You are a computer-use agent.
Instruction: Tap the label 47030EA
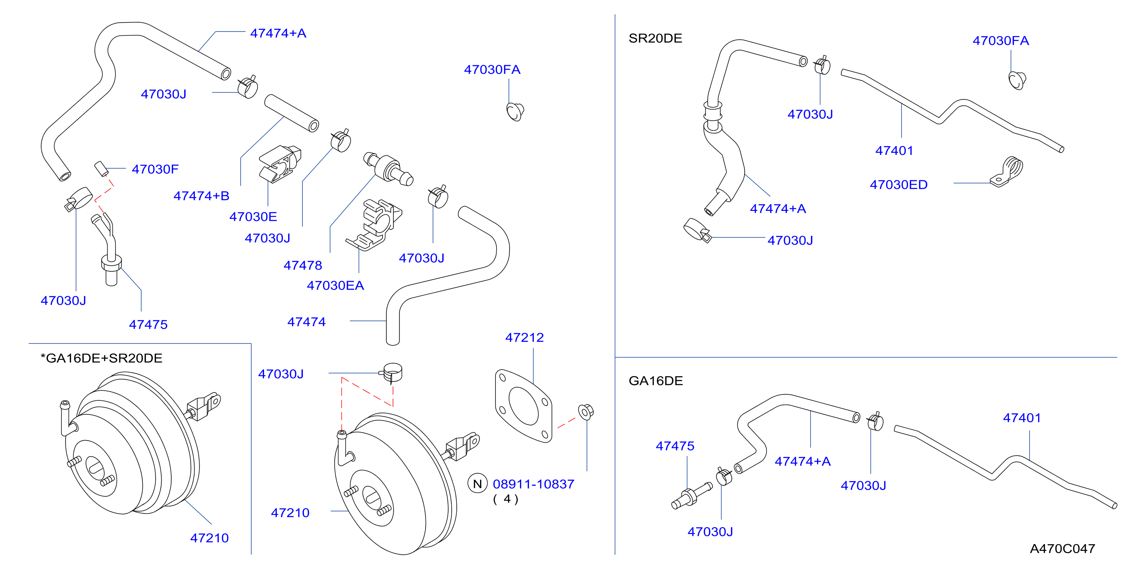pos(335,285)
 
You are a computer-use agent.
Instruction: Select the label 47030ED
pos(899,184)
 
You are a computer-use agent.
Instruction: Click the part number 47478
pos(302,265)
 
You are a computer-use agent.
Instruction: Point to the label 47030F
pos(155,169)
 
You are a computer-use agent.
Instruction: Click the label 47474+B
pos(201,196)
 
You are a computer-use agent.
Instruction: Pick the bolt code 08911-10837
pos(533,484)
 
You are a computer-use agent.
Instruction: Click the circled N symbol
pos(477,483)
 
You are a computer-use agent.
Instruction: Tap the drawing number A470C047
pos(1062,549)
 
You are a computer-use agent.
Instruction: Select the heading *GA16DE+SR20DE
pos(101,358)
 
